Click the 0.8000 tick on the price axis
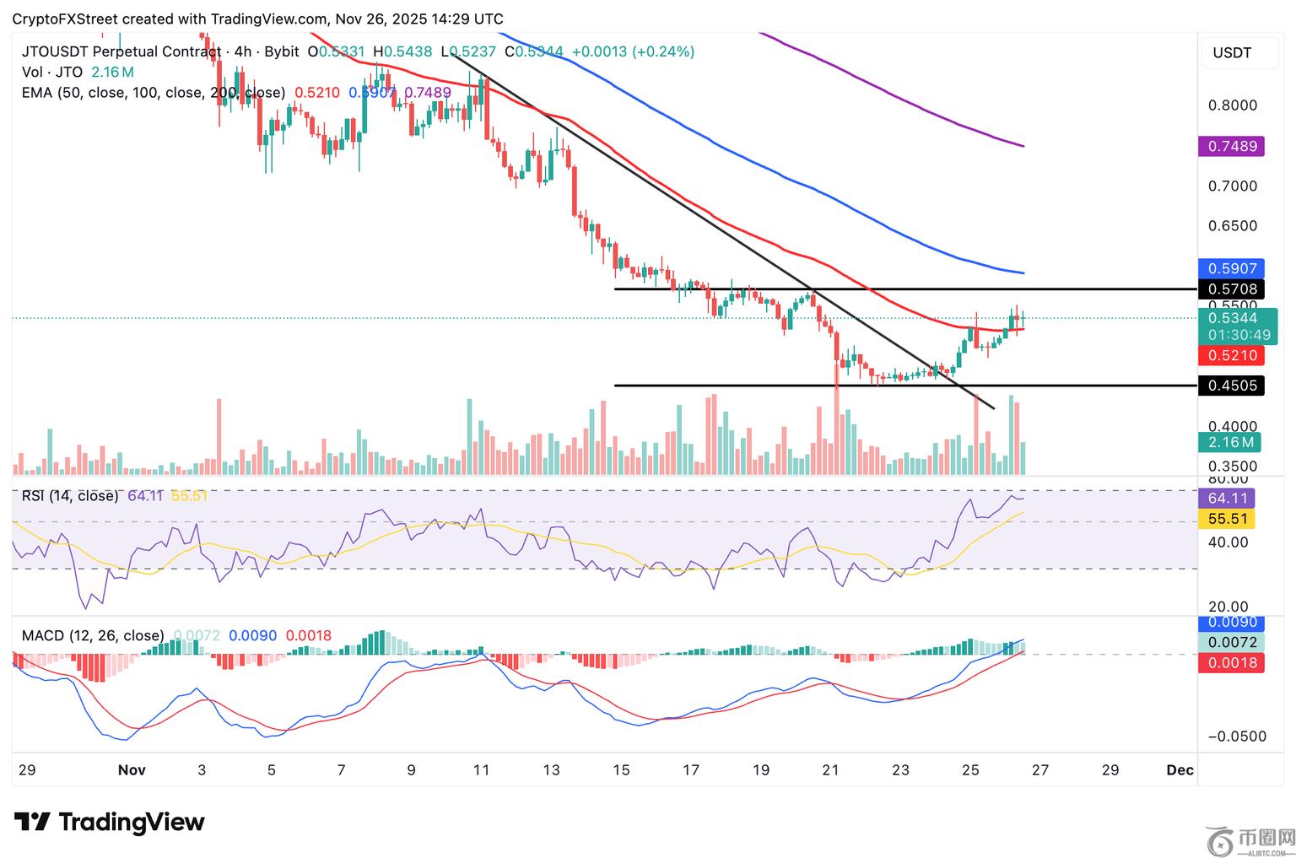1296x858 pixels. [x=1232, y=105]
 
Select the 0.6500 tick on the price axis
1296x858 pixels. [x=1232, y=226]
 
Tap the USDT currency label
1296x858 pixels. [x=1232, y=53]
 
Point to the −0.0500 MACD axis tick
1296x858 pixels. [x=1237, y=737]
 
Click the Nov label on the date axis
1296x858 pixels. [x=132, y=769]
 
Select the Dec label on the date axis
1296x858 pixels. [x=1180, y=769]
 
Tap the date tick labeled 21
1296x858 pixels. [x=830, y=769]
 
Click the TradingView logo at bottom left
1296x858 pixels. [x=110, y=822]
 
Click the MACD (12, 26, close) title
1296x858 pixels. [x=93, y=635]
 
